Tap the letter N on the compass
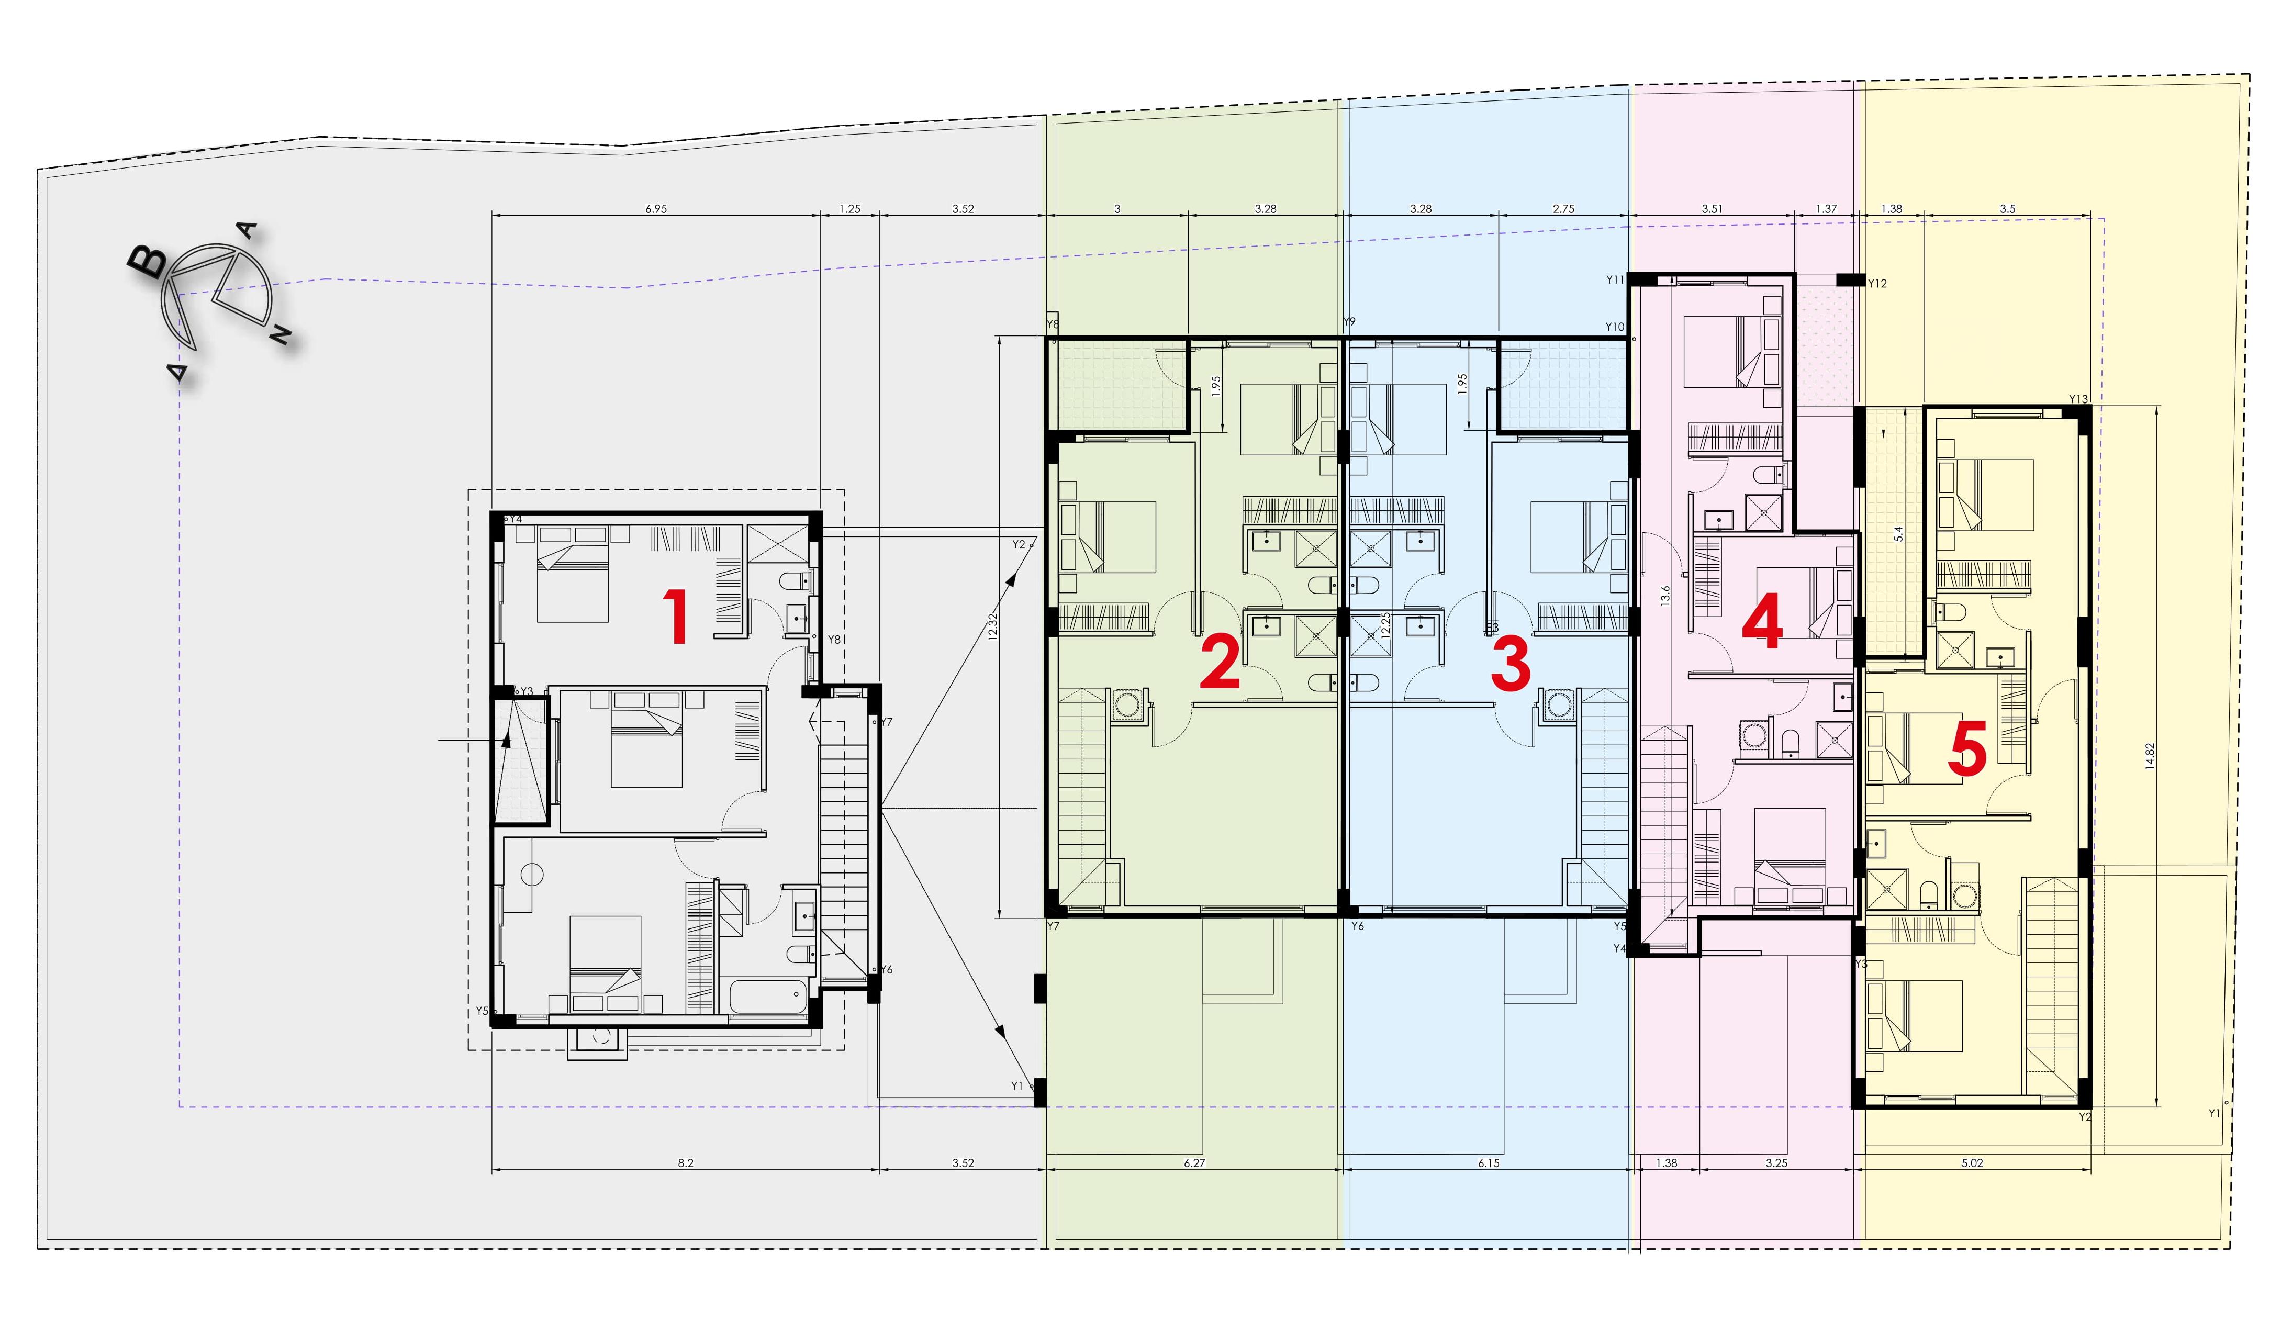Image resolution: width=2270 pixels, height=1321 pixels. point(281,335)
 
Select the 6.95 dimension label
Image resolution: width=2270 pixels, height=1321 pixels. point(656,209)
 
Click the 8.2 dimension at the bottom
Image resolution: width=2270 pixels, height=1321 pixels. point(686,1162)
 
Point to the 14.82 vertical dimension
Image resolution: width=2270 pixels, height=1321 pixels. point(2149,756)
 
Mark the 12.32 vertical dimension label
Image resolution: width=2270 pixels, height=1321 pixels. point(993,626)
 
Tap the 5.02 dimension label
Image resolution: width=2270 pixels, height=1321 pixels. point(1972,1162)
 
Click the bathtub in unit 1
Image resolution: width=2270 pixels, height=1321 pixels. point(766,998)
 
